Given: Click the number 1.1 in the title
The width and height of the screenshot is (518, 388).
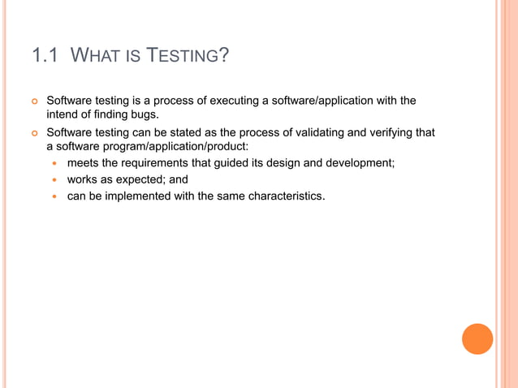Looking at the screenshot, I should coord(45,56).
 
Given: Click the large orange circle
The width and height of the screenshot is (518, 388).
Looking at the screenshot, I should coord(477,339).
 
